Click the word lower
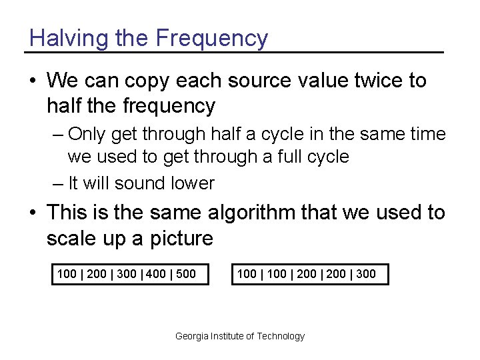coord(192,183)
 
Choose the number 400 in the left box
coord(155,273)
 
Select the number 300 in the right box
coord(365,273)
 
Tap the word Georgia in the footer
coord(191,336)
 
